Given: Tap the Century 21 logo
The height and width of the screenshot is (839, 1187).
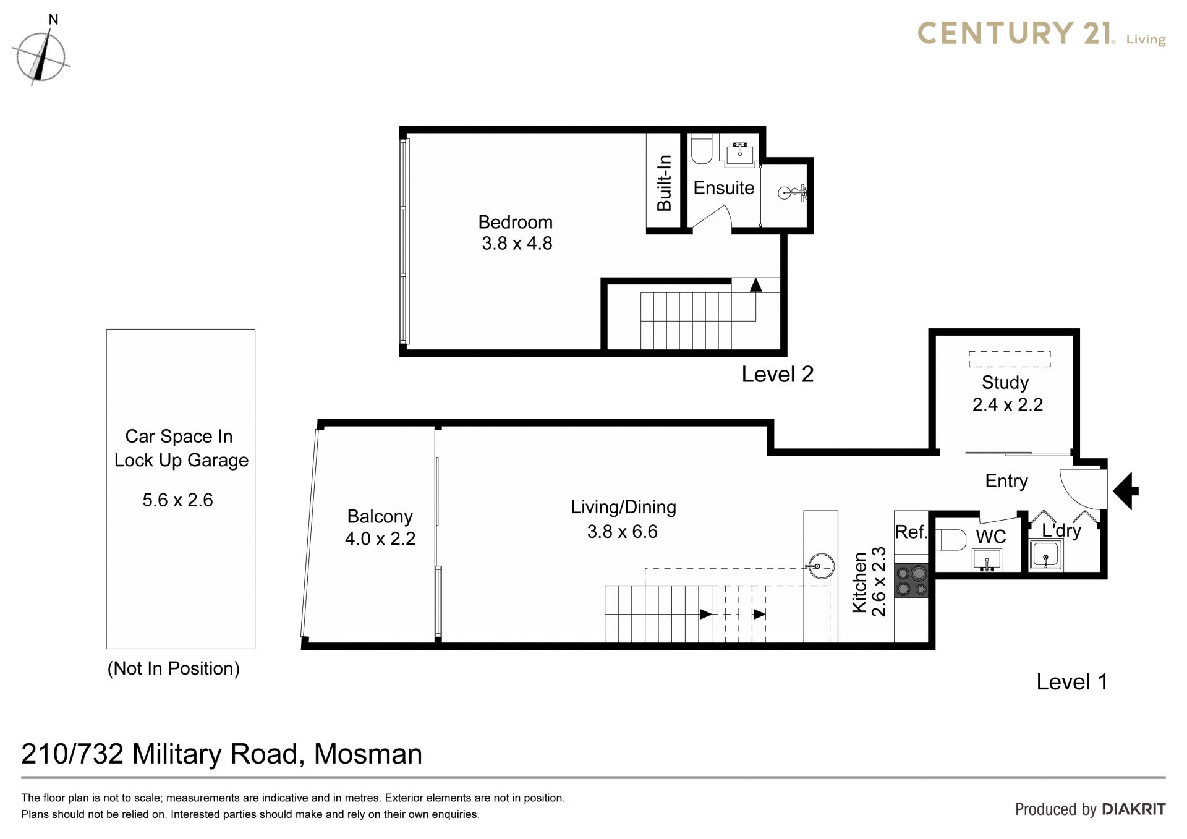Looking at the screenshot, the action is coord(1041,33).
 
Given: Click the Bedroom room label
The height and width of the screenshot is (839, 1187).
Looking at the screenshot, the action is coord(516,222).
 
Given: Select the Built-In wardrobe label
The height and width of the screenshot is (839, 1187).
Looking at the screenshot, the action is coord(664,183).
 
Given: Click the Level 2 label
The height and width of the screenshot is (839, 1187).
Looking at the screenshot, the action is coord(778,374).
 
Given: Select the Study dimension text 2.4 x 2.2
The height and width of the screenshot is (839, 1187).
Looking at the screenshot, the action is coord(1008,405).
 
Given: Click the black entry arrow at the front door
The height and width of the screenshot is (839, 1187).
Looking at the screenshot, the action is coord(1126,491).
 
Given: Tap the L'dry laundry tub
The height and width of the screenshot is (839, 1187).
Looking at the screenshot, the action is coord(1045,554).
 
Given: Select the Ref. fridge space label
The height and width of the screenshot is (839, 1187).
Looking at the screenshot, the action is coord(911,532).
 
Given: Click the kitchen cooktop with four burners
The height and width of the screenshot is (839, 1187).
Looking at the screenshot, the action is coord(911,581).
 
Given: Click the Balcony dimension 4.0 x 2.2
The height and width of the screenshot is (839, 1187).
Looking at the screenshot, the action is coord(380,539).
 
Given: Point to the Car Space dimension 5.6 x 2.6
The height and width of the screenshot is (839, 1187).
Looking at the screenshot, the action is coord(178,500).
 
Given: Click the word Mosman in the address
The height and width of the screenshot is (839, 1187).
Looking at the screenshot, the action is coord(368,754).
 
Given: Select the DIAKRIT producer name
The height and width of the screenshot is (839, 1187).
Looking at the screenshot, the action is coord(1134,809).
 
